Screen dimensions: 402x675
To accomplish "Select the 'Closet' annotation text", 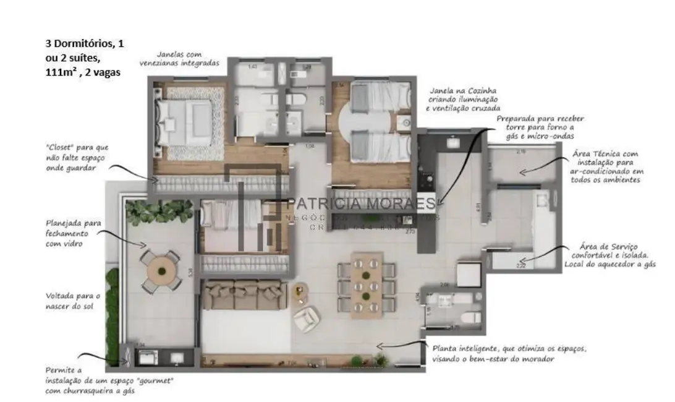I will (x=77, y=157).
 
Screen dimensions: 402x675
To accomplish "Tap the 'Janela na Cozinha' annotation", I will (x=457, y=100).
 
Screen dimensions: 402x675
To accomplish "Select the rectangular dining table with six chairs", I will (x=367, y=284).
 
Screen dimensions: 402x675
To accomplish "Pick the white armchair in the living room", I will (x=305, y=319).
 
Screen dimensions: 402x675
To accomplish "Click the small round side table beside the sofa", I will (x=300, y=290).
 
